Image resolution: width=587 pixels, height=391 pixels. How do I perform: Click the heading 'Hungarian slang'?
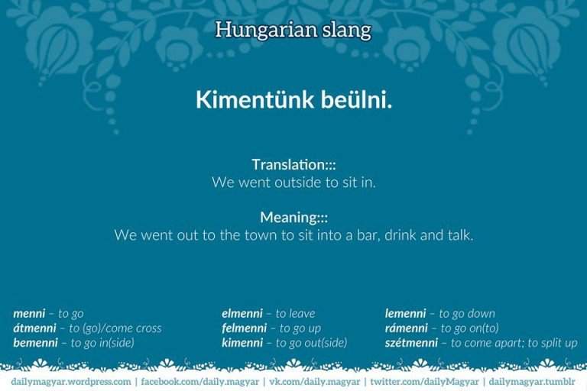coord(293,30)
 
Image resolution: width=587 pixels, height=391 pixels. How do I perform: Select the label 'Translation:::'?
coord(293,164)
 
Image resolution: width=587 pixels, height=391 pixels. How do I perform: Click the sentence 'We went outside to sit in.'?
coord(293,183)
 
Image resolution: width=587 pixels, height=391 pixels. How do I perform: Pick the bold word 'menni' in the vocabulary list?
coord(29,313)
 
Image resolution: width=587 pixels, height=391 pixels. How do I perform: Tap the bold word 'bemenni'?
coord(35,343)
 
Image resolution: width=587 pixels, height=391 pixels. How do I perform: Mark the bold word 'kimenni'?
coord(243,343)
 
